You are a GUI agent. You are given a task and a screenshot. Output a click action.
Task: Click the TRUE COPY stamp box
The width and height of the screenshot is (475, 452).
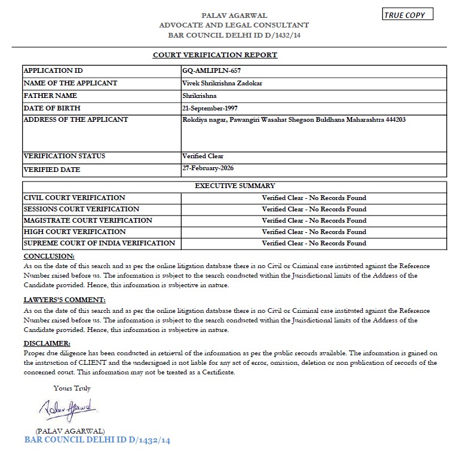click(408, 15)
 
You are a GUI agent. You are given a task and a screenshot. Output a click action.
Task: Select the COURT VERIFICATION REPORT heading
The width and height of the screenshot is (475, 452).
click(215, 55)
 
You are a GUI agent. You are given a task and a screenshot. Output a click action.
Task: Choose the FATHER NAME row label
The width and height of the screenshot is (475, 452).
click(50, 96)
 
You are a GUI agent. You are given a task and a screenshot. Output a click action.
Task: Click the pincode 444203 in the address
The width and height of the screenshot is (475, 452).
click(395, 119)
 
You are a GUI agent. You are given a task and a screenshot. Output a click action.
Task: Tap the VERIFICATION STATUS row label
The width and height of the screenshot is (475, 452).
click(64, 156)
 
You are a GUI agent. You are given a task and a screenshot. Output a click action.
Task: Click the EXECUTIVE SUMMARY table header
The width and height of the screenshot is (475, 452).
click(235, 186)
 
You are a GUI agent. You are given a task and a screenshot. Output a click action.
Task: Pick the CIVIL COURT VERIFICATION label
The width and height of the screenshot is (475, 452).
click(74, 198)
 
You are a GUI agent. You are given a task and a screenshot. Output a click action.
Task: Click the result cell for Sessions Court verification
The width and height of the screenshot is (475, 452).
click(314, 209)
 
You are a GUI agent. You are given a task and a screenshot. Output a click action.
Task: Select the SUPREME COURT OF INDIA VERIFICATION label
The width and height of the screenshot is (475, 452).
click(99, 243)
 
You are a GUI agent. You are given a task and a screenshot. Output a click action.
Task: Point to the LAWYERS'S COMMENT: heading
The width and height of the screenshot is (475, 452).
click(64, 300)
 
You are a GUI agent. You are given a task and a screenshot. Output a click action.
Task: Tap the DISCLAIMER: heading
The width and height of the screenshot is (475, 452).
click(47, 343)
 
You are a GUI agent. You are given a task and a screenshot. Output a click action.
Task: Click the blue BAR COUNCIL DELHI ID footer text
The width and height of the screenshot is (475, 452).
click(97, 440)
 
